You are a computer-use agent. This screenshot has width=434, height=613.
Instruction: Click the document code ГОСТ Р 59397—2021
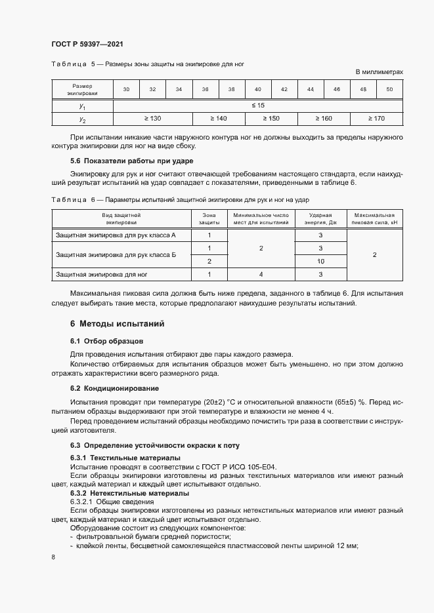point(87,44)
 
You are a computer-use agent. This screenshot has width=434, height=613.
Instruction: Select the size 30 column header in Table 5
point(126,89)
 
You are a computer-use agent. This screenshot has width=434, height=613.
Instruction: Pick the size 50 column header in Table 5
point(389,89)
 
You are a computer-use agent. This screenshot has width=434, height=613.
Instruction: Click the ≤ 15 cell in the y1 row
point(258,105)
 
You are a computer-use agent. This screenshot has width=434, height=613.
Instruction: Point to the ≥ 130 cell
point(152,118)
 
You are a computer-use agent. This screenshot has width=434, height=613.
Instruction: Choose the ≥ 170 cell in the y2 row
point(376,118)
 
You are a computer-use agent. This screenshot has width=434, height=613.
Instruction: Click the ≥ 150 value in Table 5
point(271,118)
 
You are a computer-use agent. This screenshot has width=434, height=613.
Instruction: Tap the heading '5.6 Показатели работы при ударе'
point(131,161)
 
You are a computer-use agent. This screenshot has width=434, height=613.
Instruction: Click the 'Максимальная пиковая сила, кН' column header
point(374,219)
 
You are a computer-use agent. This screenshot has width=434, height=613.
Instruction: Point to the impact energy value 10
point(321,261)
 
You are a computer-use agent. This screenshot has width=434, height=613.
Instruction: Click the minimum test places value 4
point(261,274)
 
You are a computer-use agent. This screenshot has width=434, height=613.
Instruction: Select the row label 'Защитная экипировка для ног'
point(102,274)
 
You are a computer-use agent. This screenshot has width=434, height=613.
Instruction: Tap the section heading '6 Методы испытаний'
point(117,324)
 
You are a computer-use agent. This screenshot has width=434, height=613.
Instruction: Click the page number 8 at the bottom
point(53,557)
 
